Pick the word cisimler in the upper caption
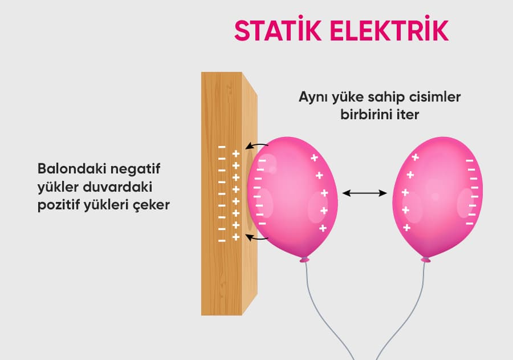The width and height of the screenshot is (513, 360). click(433, 97)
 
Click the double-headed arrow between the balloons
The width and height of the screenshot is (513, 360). click(365, 193)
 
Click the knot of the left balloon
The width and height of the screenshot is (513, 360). click(304, 260)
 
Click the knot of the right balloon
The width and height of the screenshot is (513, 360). click(425, 260)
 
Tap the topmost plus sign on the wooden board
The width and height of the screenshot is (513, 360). click(235, 153)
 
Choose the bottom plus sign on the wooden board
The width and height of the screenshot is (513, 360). click(235, 236)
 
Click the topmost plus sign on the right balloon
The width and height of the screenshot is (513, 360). click(415, 157)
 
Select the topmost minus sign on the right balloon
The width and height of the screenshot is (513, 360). click(470, 161)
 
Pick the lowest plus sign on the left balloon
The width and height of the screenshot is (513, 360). click(322, 228)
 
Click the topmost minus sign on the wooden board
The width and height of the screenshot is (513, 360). click(222, 147)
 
